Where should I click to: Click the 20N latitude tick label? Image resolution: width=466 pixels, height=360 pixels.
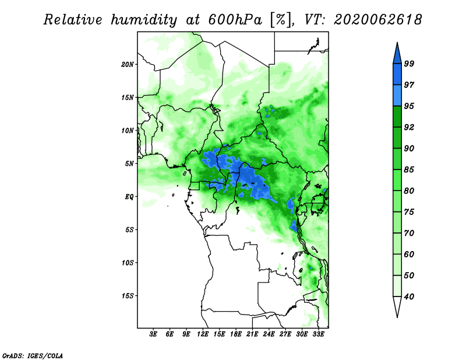[128, 64]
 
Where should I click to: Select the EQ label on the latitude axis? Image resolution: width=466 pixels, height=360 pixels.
[129, 197]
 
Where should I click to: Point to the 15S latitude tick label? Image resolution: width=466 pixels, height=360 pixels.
[128, 296]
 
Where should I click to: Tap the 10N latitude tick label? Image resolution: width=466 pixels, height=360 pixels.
[128, 130]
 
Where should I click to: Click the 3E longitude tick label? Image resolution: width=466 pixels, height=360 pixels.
[153, 335]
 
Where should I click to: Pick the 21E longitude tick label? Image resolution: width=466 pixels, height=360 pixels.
[252, 335]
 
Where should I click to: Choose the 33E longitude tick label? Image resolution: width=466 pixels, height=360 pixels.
[319, 335]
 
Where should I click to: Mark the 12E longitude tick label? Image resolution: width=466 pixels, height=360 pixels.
[203, 335]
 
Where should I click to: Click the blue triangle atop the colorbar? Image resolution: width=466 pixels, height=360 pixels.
[397, 54]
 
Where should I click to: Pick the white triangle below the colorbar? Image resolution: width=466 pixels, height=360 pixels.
[397, 307]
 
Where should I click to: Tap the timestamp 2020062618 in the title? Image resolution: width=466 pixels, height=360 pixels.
[377, 20]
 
